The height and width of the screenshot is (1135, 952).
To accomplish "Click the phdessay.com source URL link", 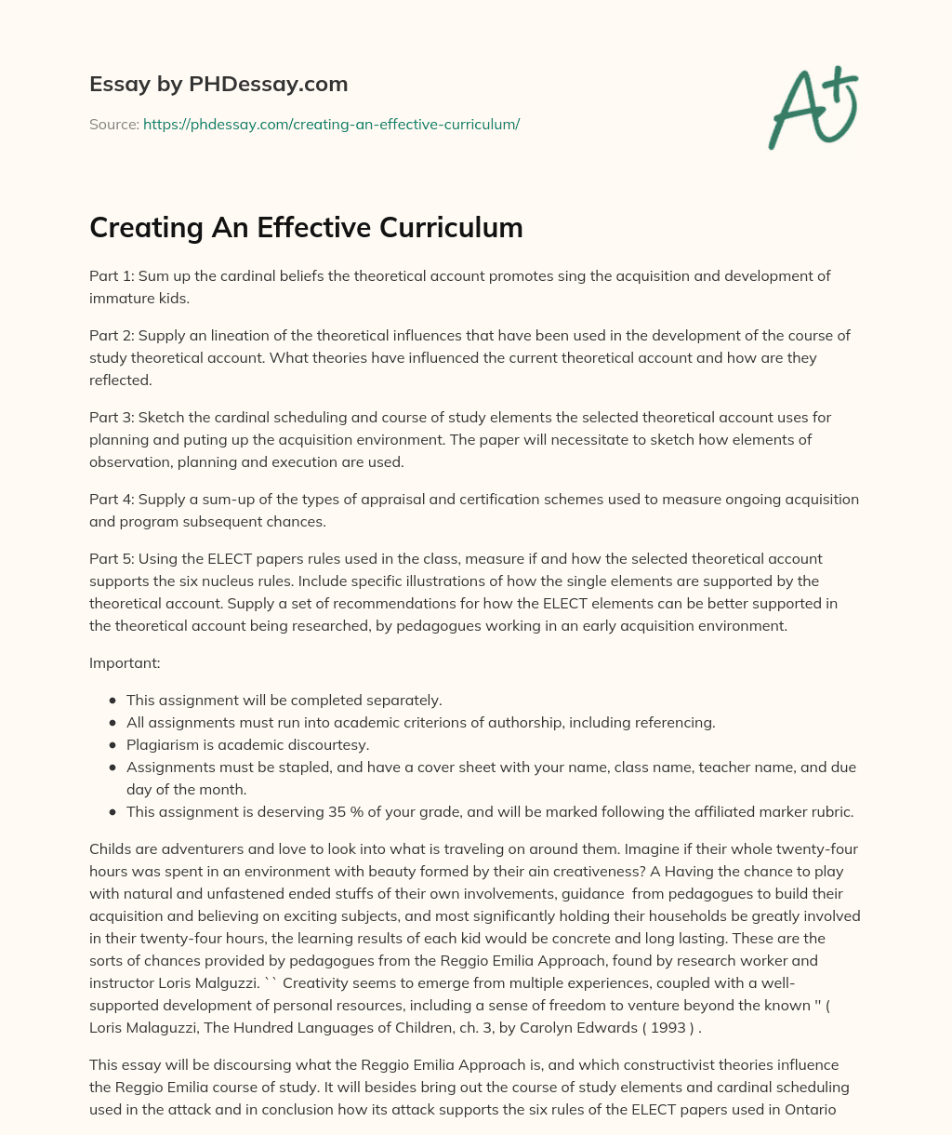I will point(331,124).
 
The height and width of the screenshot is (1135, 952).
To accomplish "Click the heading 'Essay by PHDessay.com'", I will point(218,84).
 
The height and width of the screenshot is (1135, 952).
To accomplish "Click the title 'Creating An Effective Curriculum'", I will point(306,227).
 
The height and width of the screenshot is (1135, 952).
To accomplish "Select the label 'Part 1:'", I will point(112,275).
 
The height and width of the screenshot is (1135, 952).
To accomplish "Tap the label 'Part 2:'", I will point(112,335).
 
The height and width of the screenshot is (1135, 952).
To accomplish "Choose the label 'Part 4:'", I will point(112,500).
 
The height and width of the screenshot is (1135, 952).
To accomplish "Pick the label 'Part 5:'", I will point(112,558).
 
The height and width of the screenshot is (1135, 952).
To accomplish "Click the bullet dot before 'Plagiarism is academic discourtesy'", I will point(112,745).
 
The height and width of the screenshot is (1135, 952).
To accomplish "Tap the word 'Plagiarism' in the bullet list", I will point(162,744).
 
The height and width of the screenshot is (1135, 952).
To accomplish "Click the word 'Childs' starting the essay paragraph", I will point(110,848).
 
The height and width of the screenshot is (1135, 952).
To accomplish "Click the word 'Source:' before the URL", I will point(114,124).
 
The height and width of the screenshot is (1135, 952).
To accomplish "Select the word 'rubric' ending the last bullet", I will point(830,811).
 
